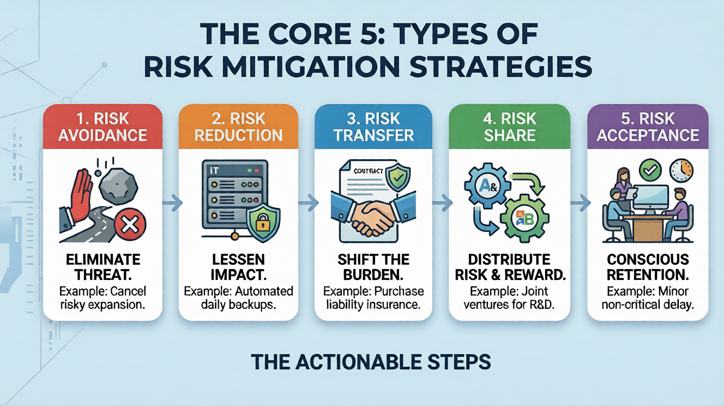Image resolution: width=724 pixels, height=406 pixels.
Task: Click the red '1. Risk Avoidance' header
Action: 102,127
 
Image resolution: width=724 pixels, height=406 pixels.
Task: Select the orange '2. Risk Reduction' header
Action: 238,127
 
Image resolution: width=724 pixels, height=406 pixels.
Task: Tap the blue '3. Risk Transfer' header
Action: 373,127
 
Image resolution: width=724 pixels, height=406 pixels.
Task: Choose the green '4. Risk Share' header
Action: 509,127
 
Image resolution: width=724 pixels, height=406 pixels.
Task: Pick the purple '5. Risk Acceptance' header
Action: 648,127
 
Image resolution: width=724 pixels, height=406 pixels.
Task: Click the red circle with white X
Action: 130,224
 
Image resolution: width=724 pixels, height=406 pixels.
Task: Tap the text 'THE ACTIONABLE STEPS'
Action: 371,362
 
